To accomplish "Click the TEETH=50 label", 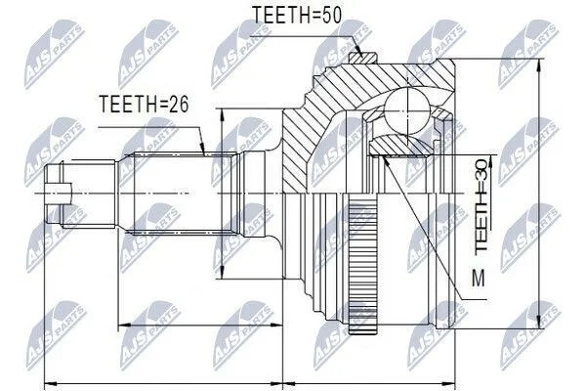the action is coord(297,16).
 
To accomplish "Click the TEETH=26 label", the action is coord(144,104).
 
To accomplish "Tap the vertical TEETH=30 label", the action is coord(481,205).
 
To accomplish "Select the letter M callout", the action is coord(479,278).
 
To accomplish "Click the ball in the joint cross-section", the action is coord(406,111).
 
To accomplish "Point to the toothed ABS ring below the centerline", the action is coord(363,268).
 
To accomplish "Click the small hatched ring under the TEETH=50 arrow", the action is coord(362,58).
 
